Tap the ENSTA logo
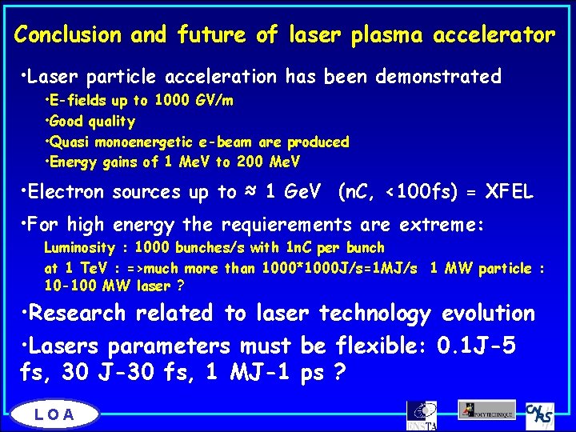click(x=422, y=414)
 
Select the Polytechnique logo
click(x=486, y=410)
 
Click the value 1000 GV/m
click(x=193, y=102)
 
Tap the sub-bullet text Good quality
click(x=92, y=122)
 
